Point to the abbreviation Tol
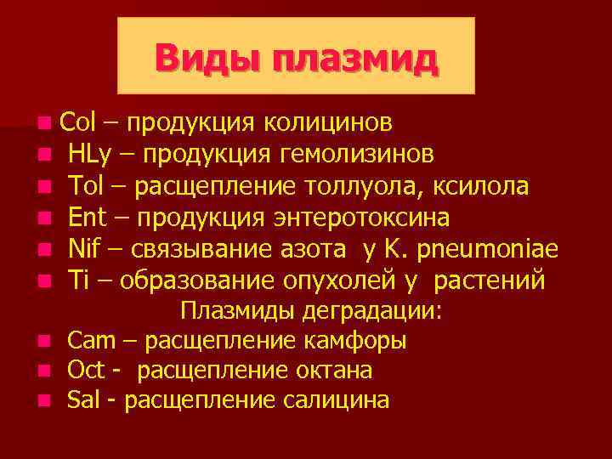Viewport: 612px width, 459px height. [x=86, y=185]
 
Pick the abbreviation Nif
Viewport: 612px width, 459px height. [x=83, y=248]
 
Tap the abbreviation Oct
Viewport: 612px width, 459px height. [x=86, y=371]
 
